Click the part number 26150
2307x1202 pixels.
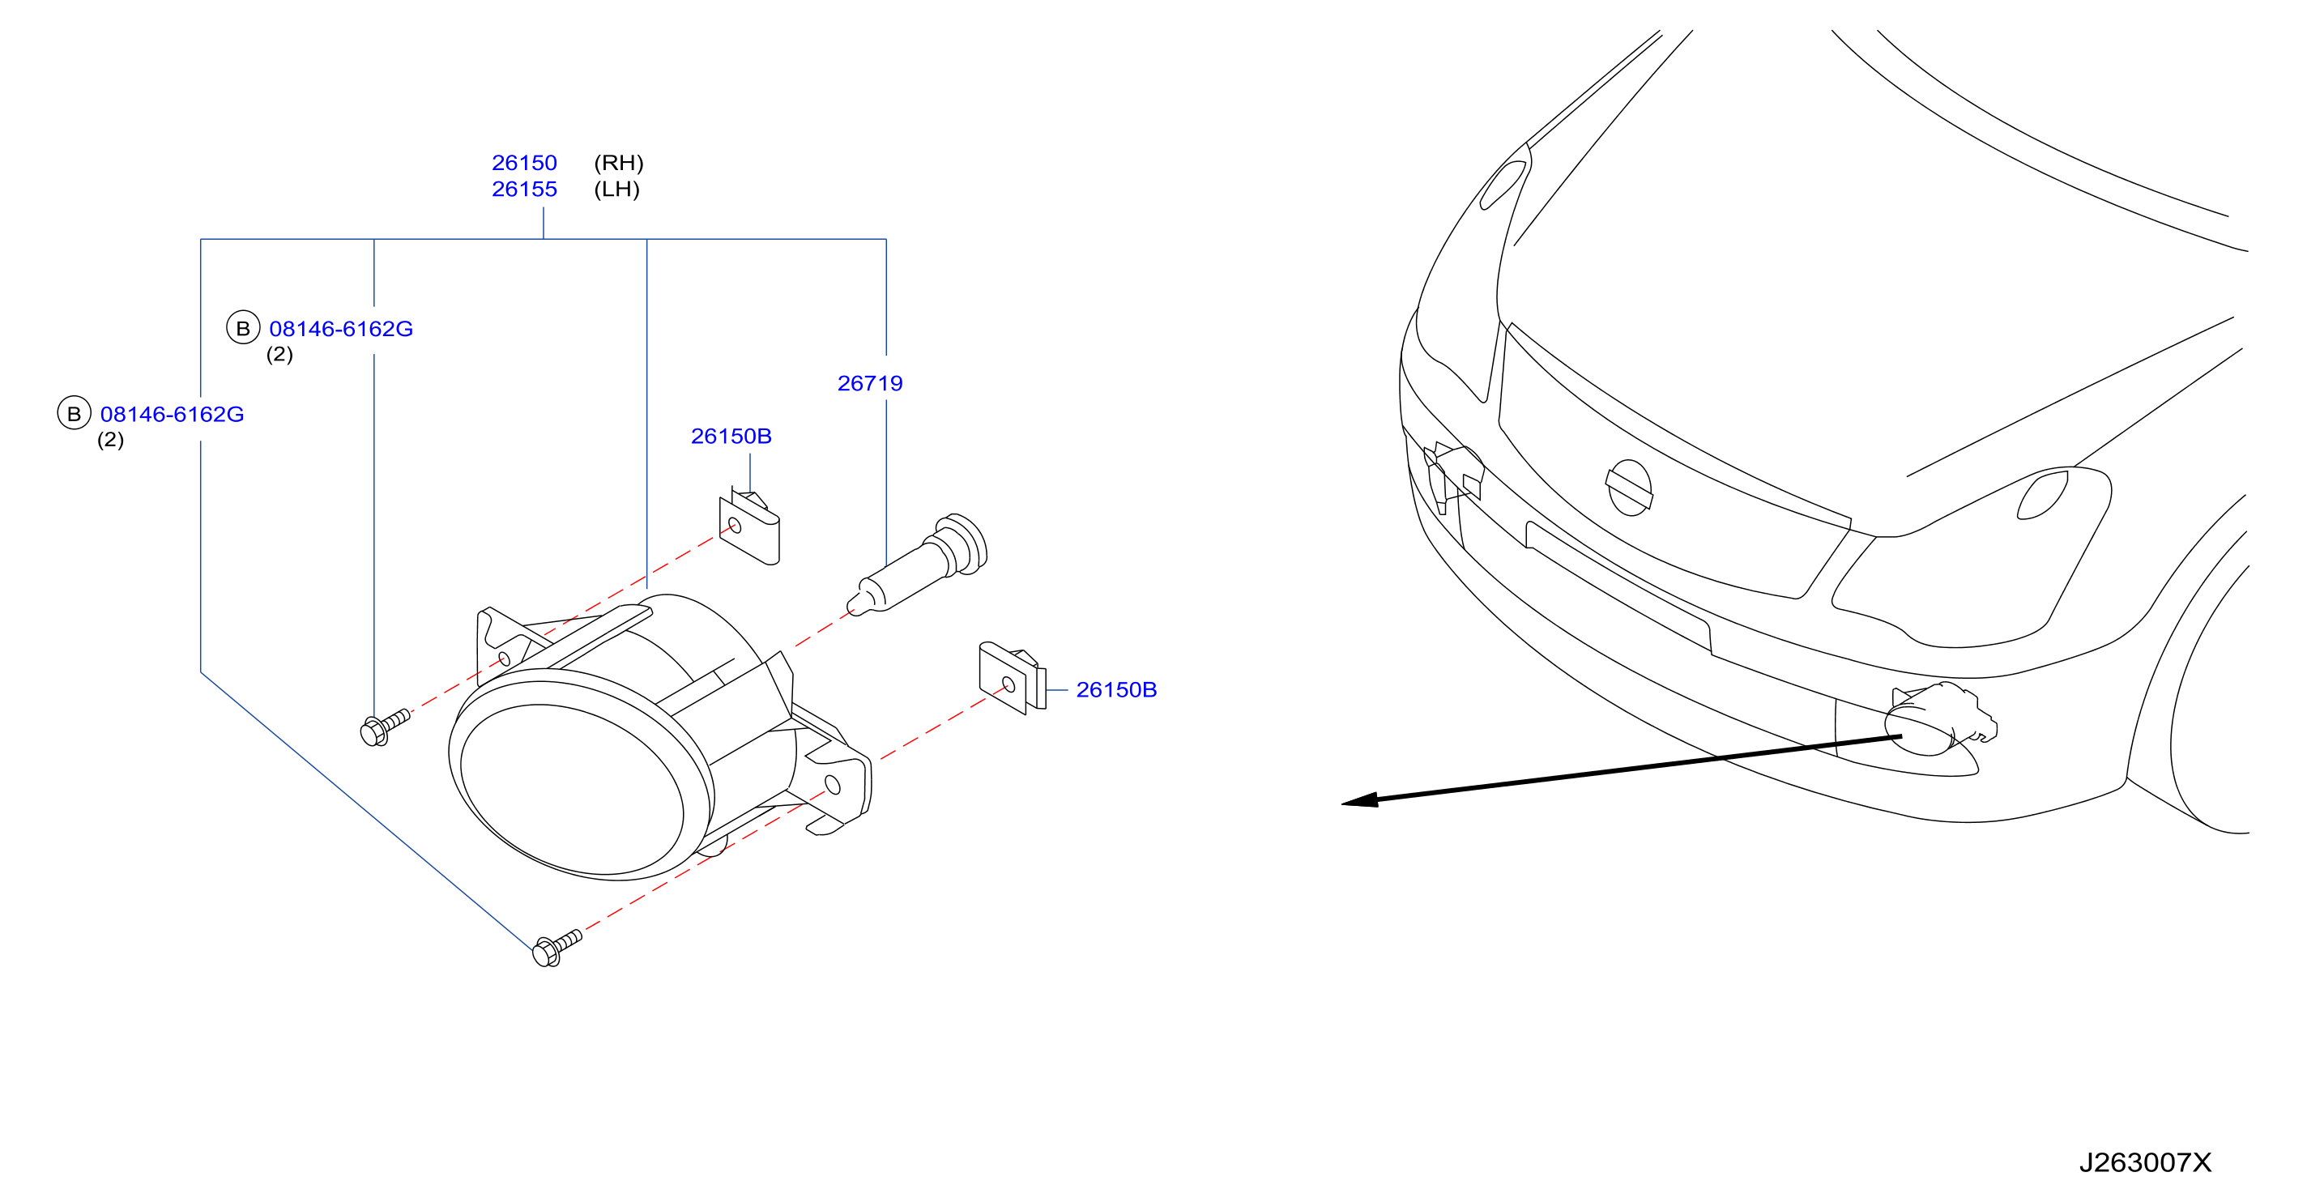pos(524,163)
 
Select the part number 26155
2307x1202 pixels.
pos(524,189)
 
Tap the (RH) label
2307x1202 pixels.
pos(619,163)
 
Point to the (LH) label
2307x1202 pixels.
pos(617,189)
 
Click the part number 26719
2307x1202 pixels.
pos(870,383)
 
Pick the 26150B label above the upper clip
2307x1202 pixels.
pos(731,437)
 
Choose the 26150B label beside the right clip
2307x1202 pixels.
pos(1116,689)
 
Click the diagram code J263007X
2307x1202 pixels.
pos(2145,1162)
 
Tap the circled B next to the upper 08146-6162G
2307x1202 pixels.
pos(243,329)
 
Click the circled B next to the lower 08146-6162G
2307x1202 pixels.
pos(75,414)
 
